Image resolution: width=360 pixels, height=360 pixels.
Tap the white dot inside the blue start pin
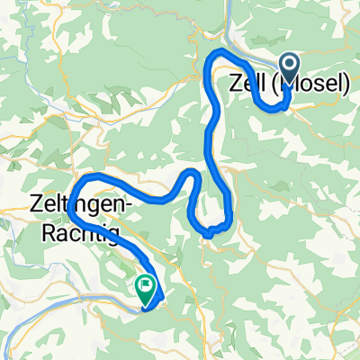291,64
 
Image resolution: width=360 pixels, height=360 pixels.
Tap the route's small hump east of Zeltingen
192,172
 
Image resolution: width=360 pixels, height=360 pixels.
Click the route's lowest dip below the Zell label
280,109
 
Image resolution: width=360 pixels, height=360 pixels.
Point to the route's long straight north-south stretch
213,126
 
